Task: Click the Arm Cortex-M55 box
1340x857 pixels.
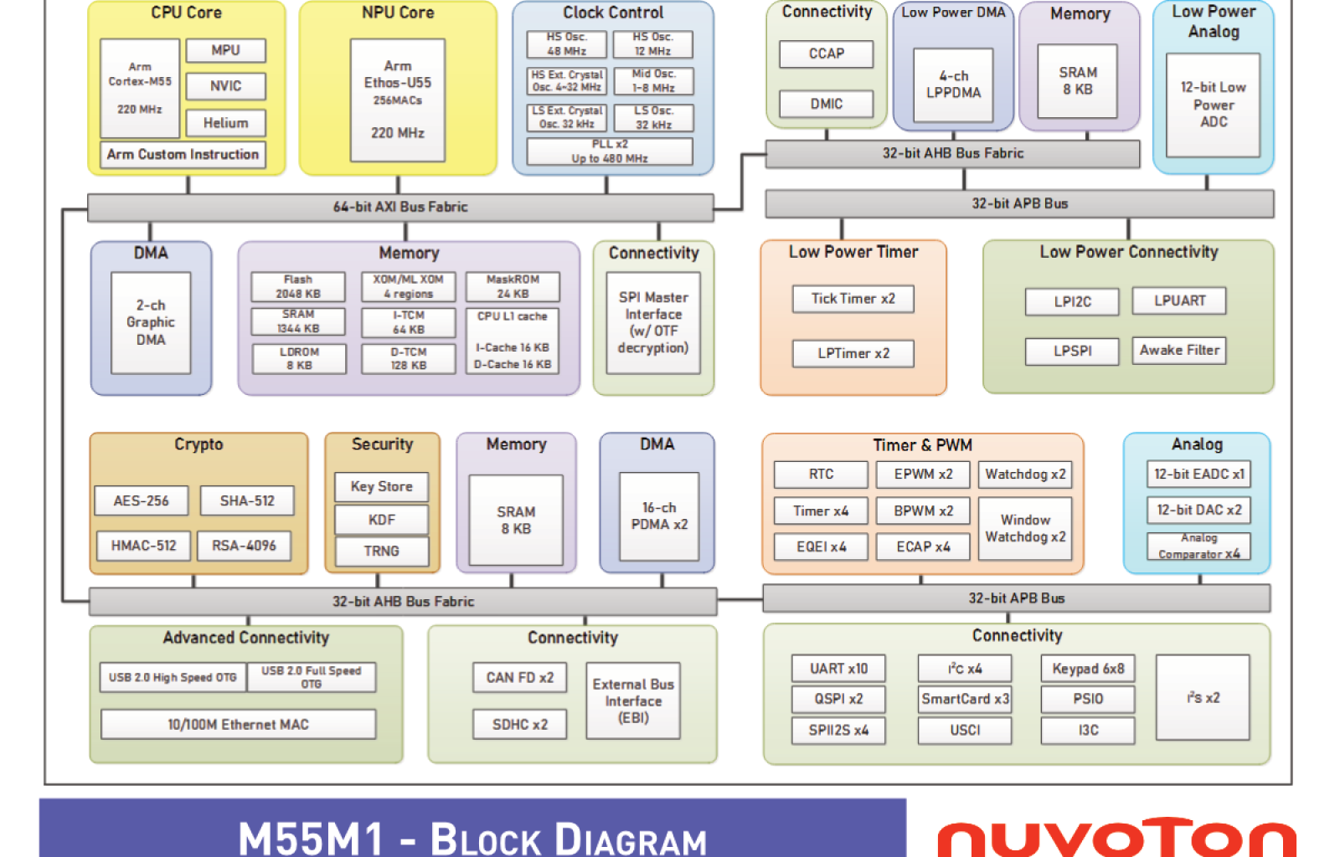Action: tap(140, 88)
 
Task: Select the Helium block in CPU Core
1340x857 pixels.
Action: tap(225, 123)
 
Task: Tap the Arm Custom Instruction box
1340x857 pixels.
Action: tap(183, 155)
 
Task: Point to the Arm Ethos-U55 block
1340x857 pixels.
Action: tap(397, 100)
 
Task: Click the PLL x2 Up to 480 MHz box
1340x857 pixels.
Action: tap(609, 151)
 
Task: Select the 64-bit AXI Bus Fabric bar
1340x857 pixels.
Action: tap(400, 207)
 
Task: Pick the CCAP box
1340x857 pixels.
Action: tap(826, 54)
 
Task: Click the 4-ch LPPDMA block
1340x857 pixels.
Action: tap(953, 85)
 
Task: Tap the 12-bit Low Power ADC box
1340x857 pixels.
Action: tap(1213, 105)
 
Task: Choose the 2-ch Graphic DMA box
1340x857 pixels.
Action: tap(151, 322)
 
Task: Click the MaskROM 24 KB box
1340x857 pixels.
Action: tap(513, 286)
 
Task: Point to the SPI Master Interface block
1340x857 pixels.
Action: tap(653, 322)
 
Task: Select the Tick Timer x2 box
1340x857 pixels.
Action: tap(853, 299)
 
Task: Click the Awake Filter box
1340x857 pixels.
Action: tap(1178, 351)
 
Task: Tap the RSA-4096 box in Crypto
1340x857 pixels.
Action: tap(244, 546)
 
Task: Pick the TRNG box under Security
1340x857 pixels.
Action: tap(381, 551)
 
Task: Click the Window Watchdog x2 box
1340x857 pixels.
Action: tap(1025, 528)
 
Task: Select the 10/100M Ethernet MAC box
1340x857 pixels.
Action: tap(238, 725)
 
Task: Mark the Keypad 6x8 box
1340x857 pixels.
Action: tap(1088, 669)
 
